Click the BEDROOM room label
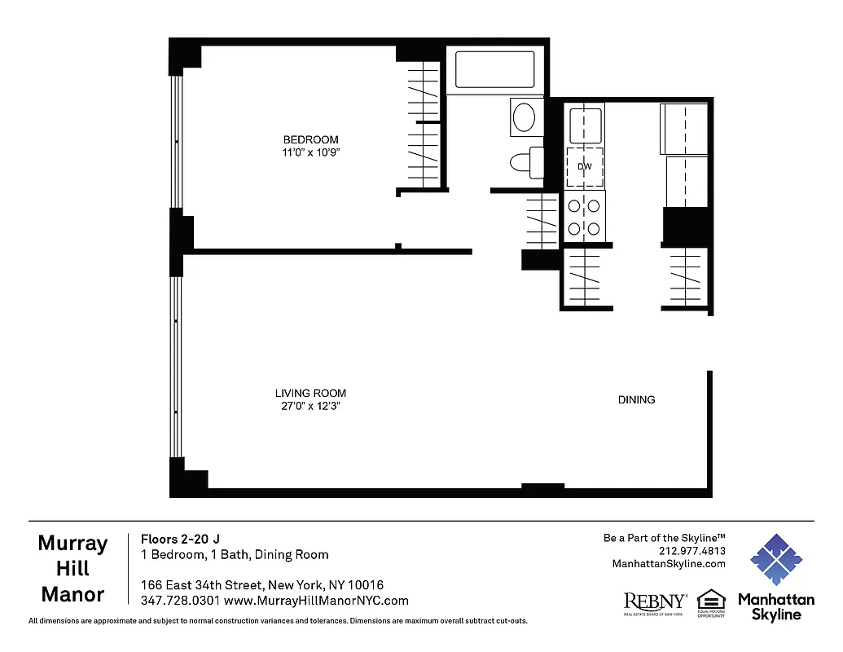(x=310, y=139)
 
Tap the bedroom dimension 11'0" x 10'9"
(x=310, y=152)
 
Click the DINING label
(x=636, y=399)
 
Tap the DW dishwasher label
(x=584, y=166)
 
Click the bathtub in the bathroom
(x=494, y=70)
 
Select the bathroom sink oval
(x=525, y=117)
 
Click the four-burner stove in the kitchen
(x=585, y=217)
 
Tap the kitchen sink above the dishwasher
(x=584, y=126)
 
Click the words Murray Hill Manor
(x=72, y=569)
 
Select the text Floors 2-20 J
(x=180, y=539)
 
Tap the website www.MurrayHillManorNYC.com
(x=316, y=601)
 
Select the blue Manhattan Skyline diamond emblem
(x=775, y=560)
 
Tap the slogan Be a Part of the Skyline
(x=664, y=538)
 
